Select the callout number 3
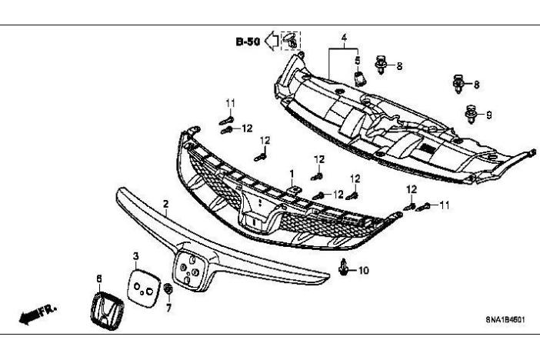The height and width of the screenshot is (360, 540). click(x=135, y=255)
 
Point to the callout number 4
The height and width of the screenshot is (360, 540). click(x=345, y=37)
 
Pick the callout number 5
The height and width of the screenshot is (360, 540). click(x=358, y=59)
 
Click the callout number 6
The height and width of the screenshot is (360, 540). click(x=98, y=278)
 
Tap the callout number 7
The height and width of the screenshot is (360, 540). click(x=169, y=306)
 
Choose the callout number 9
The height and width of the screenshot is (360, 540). click(x=488, y=115)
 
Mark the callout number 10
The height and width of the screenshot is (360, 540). click(x=364, y=270)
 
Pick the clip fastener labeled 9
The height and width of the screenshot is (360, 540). click(x=470, y=115)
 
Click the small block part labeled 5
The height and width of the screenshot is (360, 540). click(x=358, y=76)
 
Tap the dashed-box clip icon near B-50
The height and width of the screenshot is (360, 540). click(x=291, y=41)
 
